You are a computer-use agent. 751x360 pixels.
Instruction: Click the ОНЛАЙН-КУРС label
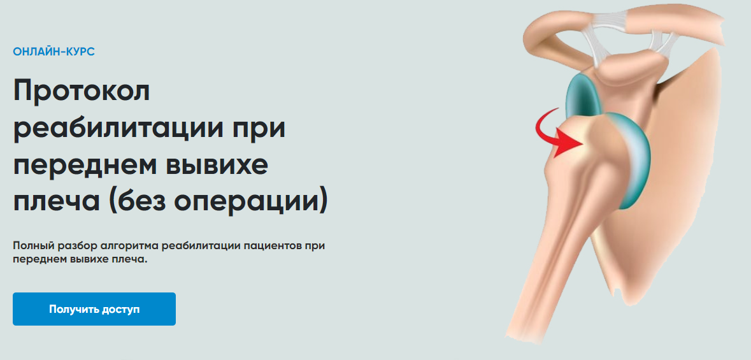pyautogui.click(x=54, y=52)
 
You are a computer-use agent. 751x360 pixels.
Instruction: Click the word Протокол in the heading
pyautogui.click(x=82, y=91)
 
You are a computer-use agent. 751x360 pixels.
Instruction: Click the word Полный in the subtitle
pyautogui.click(x=32, y=247)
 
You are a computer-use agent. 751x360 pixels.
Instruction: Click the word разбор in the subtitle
pyautogui.click(x=77, y=247)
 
